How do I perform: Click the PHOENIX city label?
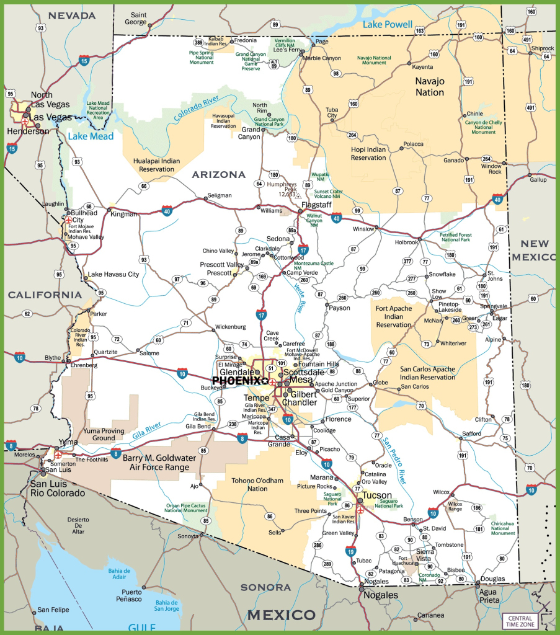pos(237,380)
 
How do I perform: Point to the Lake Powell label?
pos(388,25)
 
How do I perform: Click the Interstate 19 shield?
pos(351,551)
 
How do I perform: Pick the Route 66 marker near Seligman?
pos(144,186)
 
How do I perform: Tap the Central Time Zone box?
pos(520,621)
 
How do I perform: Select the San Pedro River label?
pos(394,460)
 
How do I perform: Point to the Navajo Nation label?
pos(430,87)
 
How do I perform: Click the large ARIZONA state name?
pos(218,175)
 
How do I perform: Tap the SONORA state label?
pos(265,587)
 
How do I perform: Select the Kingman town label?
pos(123,213)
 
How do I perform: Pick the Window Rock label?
pos(491,169)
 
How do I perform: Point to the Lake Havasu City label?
pos(113,274)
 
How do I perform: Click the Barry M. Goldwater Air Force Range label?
pos(160,463)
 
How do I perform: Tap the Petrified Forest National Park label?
pos(456,237)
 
